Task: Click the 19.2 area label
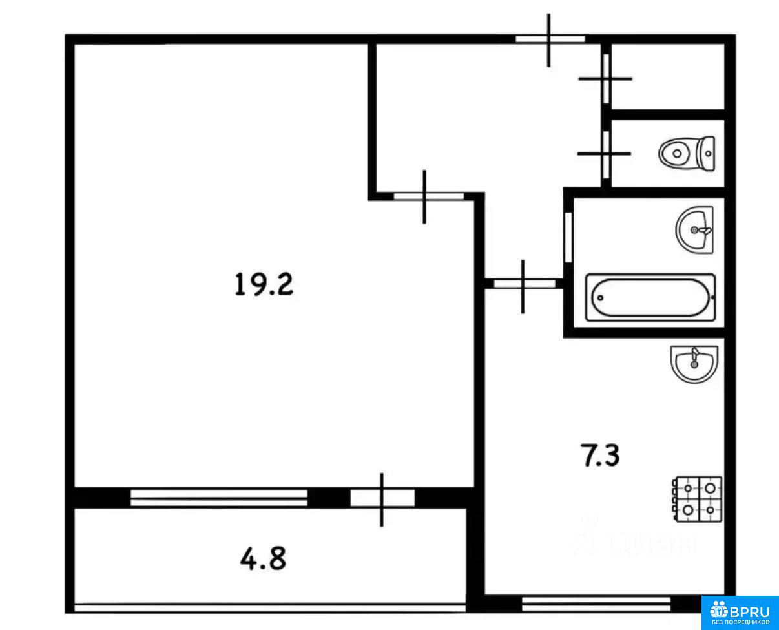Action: tap(264, 285)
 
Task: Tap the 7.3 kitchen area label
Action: tap(600, 455)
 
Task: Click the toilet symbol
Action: tap(687, 154)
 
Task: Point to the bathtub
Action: tap(650, 298)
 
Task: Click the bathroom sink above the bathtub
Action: tap(694, 230)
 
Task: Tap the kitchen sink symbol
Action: tap(694, 364)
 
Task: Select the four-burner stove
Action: tap(698, 499)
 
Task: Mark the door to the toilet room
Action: tap(606, 154)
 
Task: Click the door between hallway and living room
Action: tap(427, 196)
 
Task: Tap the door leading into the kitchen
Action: tap(524, 284)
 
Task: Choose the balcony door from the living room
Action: tap(382, 498)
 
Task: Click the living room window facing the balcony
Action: tap(219, 498)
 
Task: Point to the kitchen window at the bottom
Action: tap(596, 604)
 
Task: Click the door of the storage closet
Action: tap(606, 79)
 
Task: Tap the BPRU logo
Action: tap(740, 612)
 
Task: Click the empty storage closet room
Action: tap(668, 76)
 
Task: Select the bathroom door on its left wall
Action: tap(568, 237)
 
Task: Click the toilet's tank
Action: tap(707, 154)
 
